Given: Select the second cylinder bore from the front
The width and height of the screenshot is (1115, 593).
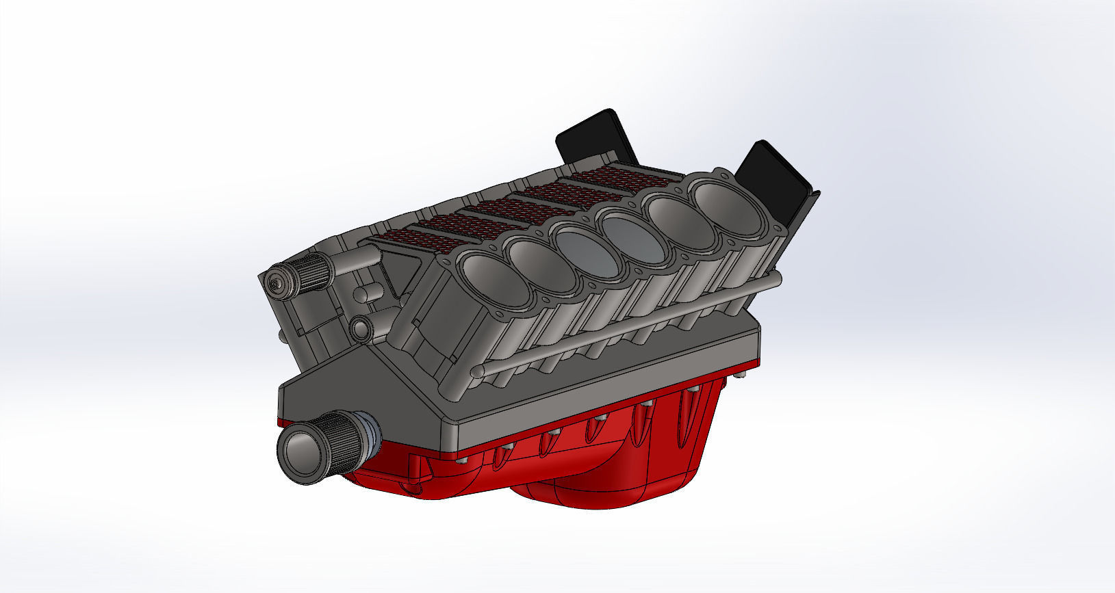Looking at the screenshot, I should pyautogui.click(x=543, y=263).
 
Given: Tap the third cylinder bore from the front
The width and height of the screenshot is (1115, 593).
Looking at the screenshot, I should pyautogui.click(x=587, y=250).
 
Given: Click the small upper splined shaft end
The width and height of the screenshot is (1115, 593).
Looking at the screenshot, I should pyautogui.click(x=281, y=285).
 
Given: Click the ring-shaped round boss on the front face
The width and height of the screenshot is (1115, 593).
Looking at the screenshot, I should pyautogui.click(x=361, y=329).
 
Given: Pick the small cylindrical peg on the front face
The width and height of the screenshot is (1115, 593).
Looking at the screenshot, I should pyautogui.click(x=368, y=294).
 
